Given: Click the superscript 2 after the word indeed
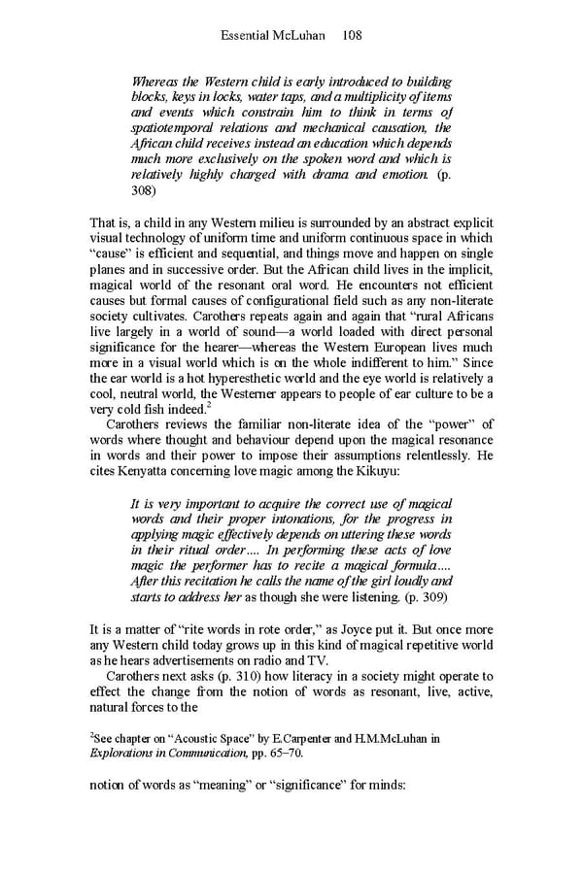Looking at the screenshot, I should click(x=209, y=405).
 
